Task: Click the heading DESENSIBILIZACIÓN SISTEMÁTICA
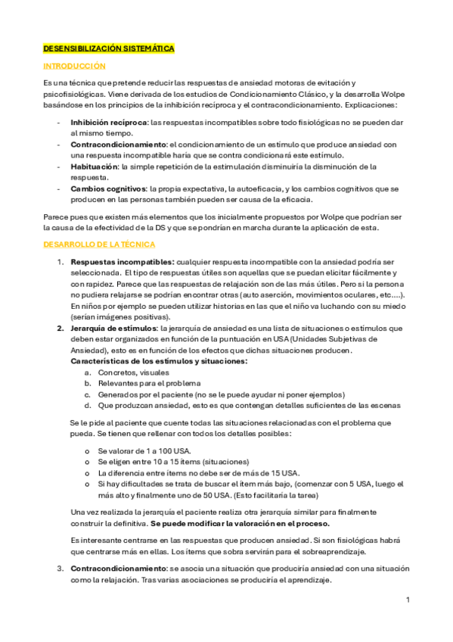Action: (108, 48)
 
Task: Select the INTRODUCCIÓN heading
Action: (74, 67)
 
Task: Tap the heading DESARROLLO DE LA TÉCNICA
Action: (99, 245)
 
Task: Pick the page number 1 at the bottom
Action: (408, 600)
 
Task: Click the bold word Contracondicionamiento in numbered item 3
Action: (118, 568)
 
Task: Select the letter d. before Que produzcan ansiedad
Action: (88, 405)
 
